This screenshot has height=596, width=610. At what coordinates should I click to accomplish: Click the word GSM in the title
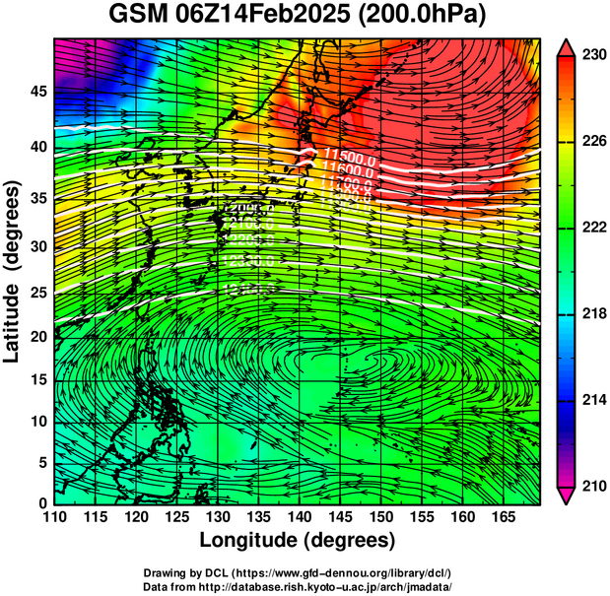[x=138, y=17]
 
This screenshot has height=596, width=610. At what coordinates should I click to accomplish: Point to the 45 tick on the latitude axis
[x=36, y=92]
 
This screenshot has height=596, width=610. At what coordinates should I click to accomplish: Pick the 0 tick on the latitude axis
[x=41, y=502]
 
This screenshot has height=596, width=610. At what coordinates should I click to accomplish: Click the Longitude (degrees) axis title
[x=298, y=540]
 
